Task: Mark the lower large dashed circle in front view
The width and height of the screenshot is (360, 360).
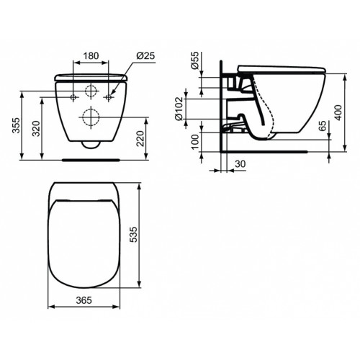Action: coord(91,115)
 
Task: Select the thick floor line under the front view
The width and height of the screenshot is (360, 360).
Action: coord(91,153)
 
